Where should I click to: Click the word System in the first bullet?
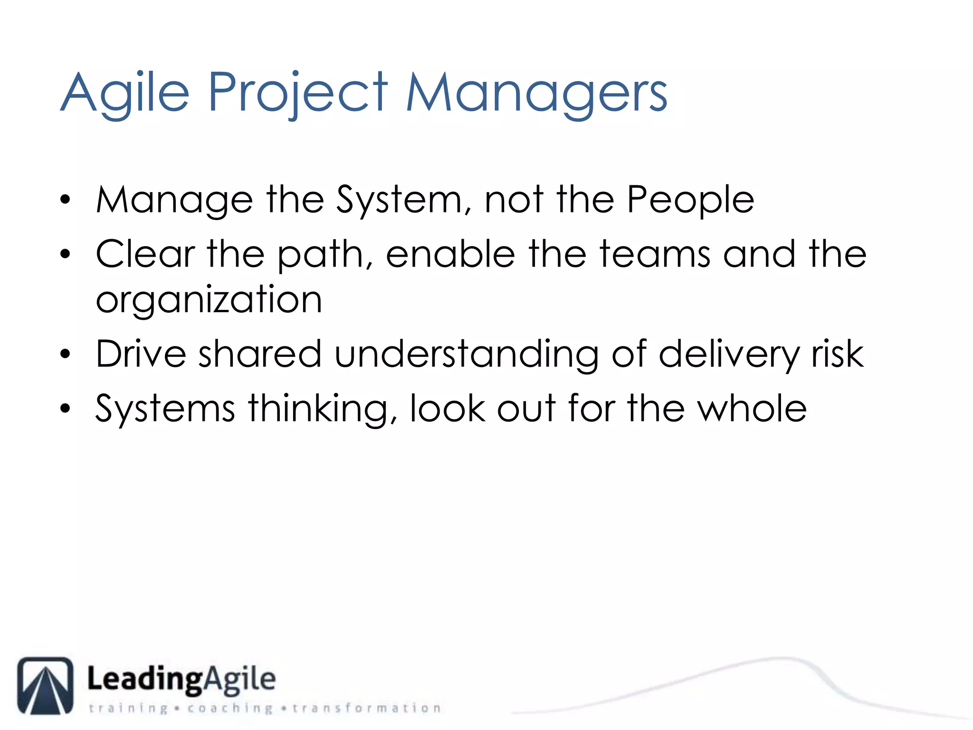click(x=398, y=200)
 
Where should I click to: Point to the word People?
click(x=690, y=200)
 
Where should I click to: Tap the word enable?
click(x=450, y=254)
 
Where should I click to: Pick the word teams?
click(x=655, y=254)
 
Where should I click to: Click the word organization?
click(x=209, y=300)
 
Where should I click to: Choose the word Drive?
click(x=141, y=354)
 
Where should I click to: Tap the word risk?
click(x=838, y=354)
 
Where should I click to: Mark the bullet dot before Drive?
click(x=66, y=355)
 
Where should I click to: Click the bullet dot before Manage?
click(x=66, y=200)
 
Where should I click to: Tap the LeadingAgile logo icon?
click(x=46, y=685)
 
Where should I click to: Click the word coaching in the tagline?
click(x=230, y=709)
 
